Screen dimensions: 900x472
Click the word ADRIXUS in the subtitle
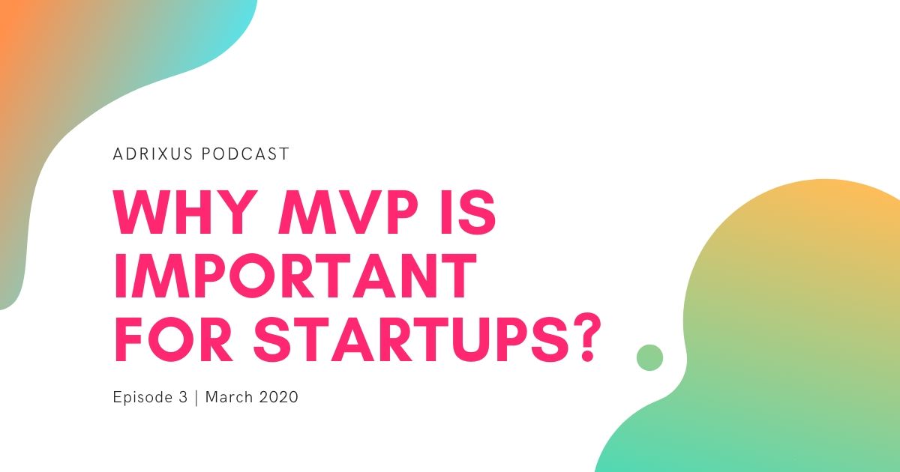pyautogui.click(x=153, y=154)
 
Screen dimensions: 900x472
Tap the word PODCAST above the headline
pyautogui.click(x=244, y=154)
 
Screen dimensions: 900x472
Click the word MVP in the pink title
pyautogui.click(x=348, y=212)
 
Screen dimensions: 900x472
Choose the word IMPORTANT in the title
pyautogui.click(x=295, y=276)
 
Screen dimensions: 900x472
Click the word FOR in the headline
pyautogui.click(x=173, y=339)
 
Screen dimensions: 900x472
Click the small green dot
pyautogui.click(x=649, y=357)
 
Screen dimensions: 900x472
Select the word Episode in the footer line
pyautogui.click(x=142, y=397)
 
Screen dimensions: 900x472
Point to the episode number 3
pyautogui.click(x=183, y=397)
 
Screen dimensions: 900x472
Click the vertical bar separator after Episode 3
pyautogui.click(x=196, y=397)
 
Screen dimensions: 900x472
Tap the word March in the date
pyautogui.click(x=229, y=397)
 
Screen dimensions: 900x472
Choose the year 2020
pyautogui.click(x=279, y=397)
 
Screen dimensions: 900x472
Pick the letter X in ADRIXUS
pyautogui.click(x=163, y=154)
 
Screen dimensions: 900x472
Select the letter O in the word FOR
pyautogui.click(x=171, y=339)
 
